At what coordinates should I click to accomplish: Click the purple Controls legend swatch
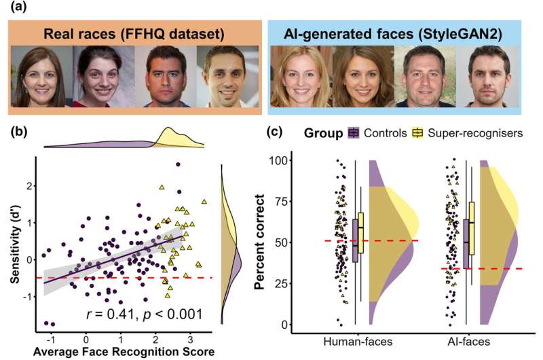tap(354, 132)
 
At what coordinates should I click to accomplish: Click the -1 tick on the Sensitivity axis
tap(28, 296)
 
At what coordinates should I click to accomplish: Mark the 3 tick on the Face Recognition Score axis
tap(189, 336)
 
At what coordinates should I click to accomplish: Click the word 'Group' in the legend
tap(322, 132)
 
